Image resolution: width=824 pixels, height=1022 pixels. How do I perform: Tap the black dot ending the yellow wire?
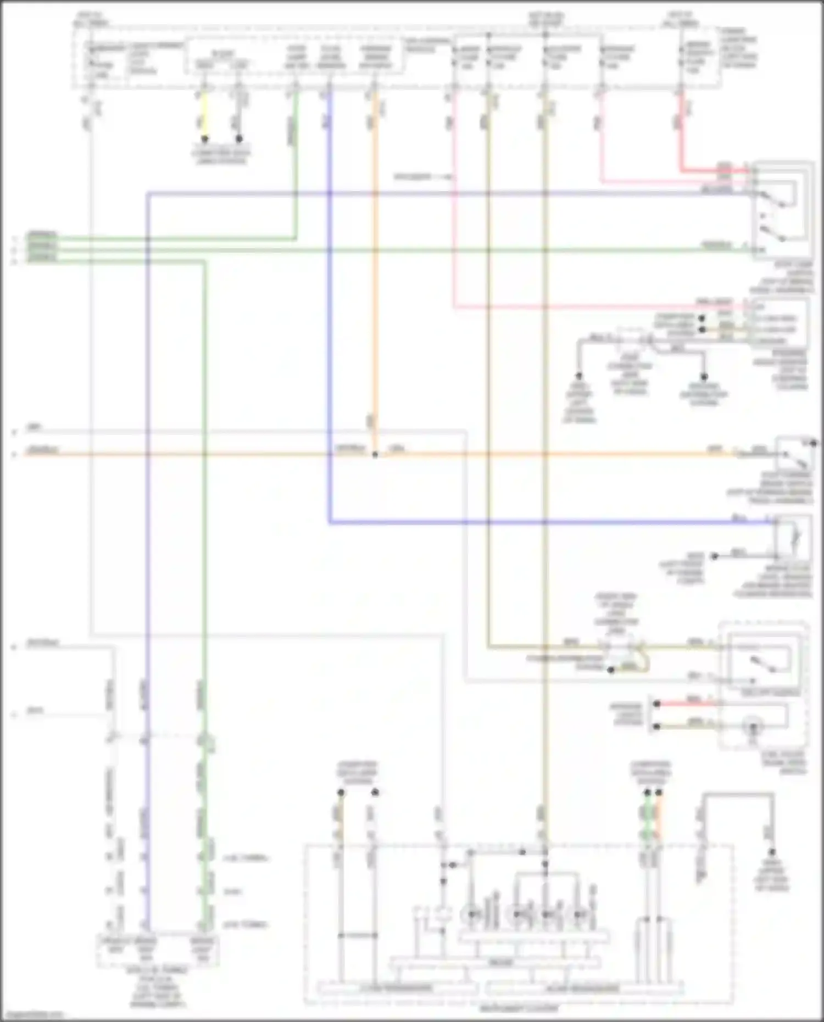(204, 139)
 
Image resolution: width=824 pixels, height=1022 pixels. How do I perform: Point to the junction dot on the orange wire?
(375, 455)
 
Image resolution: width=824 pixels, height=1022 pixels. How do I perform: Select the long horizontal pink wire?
(599, 306)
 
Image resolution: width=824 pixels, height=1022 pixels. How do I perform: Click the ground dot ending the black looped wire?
(772, 852)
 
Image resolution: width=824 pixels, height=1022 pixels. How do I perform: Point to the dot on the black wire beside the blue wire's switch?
(714, 556)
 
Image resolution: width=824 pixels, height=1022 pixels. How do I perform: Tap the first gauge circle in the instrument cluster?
(472, 914)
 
